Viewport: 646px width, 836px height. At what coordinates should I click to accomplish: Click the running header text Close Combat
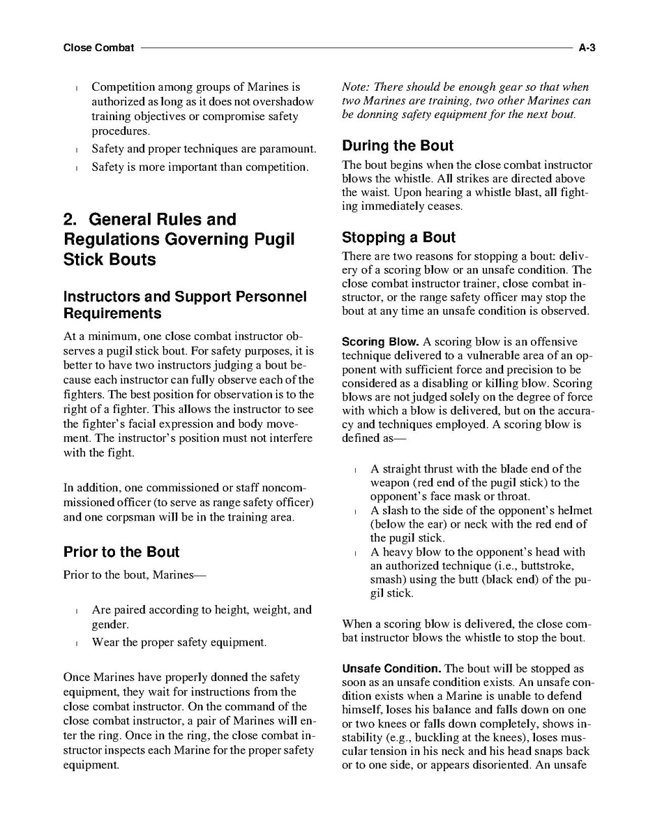pyautogui.click(x=98, y=48)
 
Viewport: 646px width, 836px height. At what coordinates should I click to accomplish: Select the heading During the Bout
pyautogui.click(x=397, y=146)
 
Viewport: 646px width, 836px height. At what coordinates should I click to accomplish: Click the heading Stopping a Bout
pyautogui.click(x=398, y=237)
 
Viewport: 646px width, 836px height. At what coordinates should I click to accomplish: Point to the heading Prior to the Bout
pyautogui.click(x=121, y=552)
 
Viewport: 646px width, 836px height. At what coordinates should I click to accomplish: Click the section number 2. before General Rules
pyautogui.click(x=70, y=220)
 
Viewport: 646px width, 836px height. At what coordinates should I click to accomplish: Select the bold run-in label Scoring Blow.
pyautogui.click(x=380, y=343)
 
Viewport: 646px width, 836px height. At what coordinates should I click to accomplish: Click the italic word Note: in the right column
pyautogui.click(x=356, y=87)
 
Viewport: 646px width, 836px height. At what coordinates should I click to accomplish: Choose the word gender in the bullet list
pyautogui.click(x=110, y=625)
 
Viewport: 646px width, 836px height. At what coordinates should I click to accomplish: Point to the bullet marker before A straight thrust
pyautogui.click(x=355, y=470)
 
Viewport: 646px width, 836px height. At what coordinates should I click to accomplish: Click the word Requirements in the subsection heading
pyautogui.click(x=112, y=313)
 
